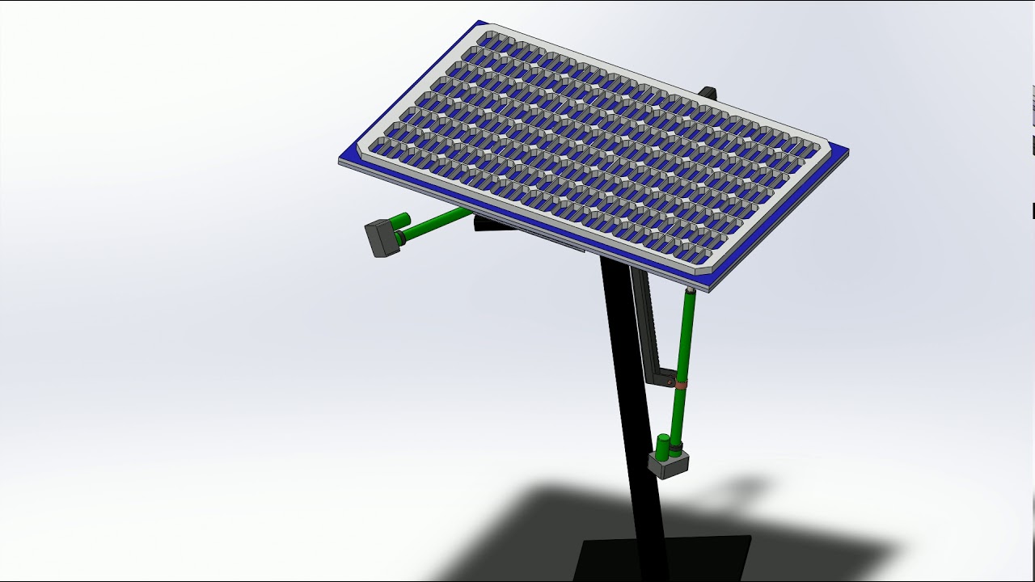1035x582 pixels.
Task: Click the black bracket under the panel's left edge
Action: [x=493, y=225]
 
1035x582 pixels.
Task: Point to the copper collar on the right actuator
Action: [x=682, y=386]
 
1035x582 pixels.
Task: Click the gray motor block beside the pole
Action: [x=668, y=466]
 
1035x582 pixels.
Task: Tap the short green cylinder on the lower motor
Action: [x=663, y=445]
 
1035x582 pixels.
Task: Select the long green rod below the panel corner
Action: [x=686, y=339]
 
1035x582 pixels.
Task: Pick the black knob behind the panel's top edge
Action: [x=708, y=92]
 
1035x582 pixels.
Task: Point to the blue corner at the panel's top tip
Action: [x=482, y=25]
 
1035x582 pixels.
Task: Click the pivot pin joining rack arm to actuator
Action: [x=670, y=377]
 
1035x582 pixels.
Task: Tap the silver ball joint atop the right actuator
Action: [x=690, y=289]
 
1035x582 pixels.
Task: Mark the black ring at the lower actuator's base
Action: [x=675, y=445]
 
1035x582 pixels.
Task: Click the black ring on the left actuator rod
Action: [x=400, y=237]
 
